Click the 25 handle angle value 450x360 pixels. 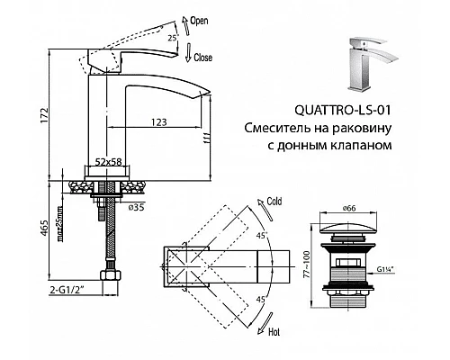pyautogui.click(x=171, y=37)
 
